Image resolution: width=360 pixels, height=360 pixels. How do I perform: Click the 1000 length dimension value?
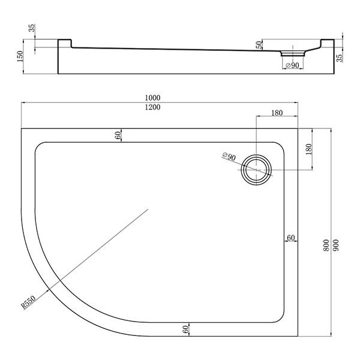(x=152, y=98)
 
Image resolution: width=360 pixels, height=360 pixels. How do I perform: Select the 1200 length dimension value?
(x=152, y=107)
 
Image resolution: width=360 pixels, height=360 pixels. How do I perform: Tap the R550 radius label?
(x=28, y=302)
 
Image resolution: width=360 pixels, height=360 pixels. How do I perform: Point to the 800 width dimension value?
(x=326, y=245)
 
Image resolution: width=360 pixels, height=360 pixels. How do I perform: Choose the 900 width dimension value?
(x=335, y=245)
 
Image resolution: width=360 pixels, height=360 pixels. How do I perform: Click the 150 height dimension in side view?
(x=20, y=56)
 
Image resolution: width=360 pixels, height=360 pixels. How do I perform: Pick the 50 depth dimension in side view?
(x=259, y=44)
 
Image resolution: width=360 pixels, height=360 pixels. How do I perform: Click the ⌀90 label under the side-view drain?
(x=292, y=65)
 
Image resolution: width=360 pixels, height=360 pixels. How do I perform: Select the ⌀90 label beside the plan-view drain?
(x=229, y=157)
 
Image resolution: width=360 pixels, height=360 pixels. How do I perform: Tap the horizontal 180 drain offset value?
(x=277, y=113)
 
